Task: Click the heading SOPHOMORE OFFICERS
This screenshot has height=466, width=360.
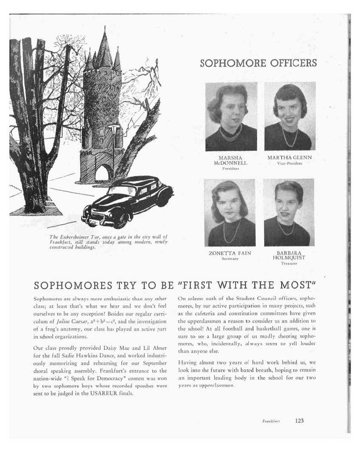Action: pyautogui.click(x=258, y=63)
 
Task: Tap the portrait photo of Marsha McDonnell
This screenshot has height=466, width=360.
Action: pyautogui.click(x=231, y=117)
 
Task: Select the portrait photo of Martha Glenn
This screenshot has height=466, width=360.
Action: pyautogui.click(x=290, y=116)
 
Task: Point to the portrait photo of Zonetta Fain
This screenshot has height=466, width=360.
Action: pyautogui.click(x=230, y=213)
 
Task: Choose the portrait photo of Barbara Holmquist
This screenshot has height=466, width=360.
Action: pyautogui.click(x=288, y=213)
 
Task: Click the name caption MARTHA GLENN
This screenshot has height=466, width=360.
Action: pyautogui.click(x=290, y=158)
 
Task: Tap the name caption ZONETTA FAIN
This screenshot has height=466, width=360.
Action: pyautogui.click(x=230, y=253)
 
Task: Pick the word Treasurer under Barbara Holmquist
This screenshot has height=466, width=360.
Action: pyautogui.click(x=288, y=264)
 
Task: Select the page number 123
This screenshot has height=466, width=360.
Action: pyautogui.click(x=299, y=421)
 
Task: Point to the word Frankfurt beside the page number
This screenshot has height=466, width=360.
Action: pyautogui.click(x=271, y=421)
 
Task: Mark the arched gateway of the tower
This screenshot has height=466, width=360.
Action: pyautogui.click(x=102, y=173)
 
